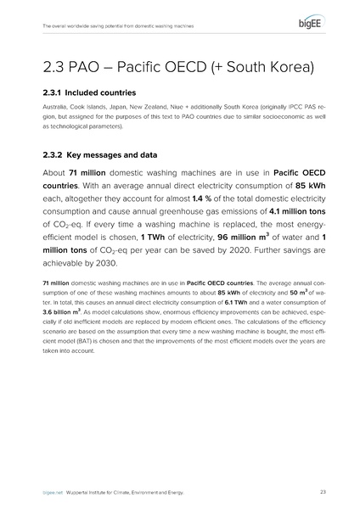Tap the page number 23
coord(323,491)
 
